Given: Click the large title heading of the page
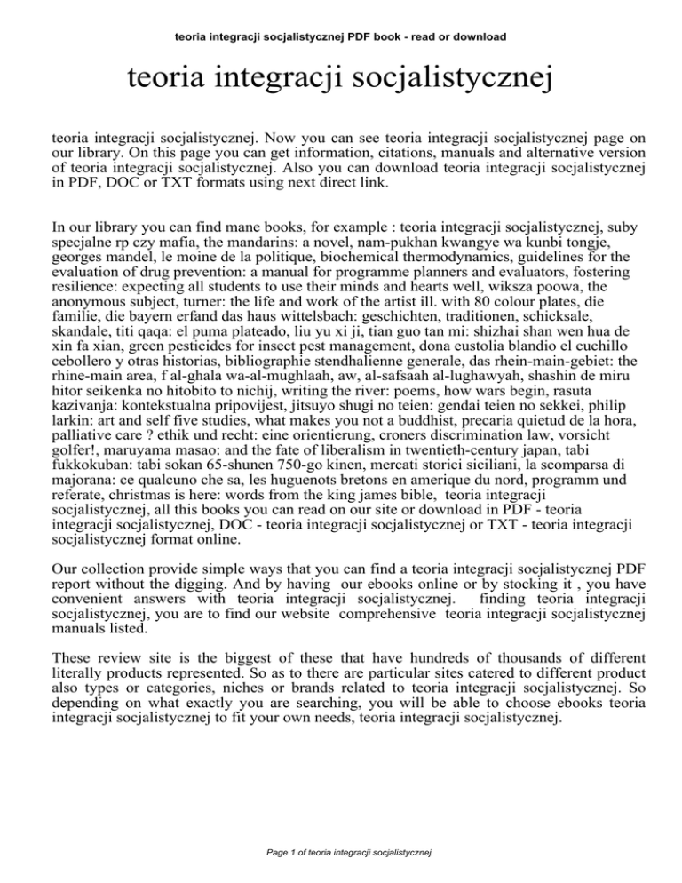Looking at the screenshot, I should tap(341, 84).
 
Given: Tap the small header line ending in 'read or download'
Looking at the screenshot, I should tap(341, 37).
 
